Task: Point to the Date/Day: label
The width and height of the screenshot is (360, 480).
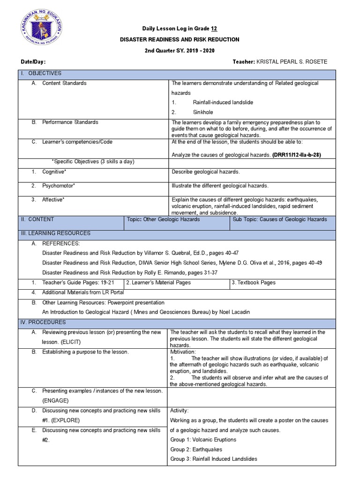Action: tap(33, 62)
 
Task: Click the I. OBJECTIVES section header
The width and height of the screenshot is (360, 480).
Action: tap(45, 74)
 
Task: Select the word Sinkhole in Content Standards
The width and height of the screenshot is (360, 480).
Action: tap(202, 112)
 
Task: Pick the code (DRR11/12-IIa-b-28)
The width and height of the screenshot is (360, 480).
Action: tap(292, 155)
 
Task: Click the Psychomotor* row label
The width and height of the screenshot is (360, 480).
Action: tap(59, 186)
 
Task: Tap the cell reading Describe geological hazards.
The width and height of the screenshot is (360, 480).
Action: tap(206, 172)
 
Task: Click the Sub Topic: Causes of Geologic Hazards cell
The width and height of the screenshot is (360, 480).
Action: tap(280, 219)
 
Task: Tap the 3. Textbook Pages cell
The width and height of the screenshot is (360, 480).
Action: tap(254, 283)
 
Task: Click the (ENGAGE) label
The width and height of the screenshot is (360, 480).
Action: tap(55, 401)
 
